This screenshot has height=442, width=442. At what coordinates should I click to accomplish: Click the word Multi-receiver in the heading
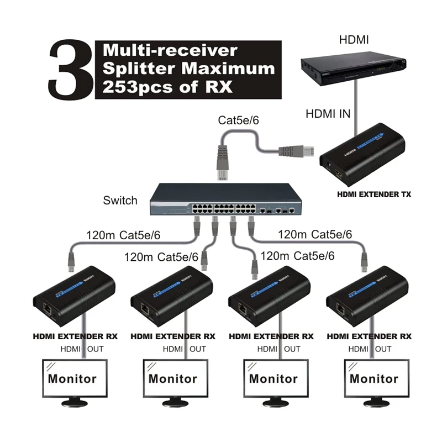click(x=170, y=50)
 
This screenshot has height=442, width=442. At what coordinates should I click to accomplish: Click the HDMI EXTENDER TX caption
click(x=373, y=194)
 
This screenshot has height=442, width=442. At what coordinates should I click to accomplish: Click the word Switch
click(x=120, y=200)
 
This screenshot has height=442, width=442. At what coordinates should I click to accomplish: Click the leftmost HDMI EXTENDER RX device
click(x=74, y=299)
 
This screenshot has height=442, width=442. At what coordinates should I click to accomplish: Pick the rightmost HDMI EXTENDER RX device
click(x=367, y=299)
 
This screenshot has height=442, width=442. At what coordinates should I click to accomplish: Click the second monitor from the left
click(x=172, y=379)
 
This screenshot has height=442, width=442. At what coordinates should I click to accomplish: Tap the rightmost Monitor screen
click(x=373, y=379)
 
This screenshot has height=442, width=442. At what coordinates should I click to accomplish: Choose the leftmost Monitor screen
click(x=72, y=379)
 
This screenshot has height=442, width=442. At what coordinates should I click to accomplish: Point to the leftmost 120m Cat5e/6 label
click(x=123, y=235)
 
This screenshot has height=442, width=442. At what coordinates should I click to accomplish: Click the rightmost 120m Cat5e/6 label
click(x=315, y=234)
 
